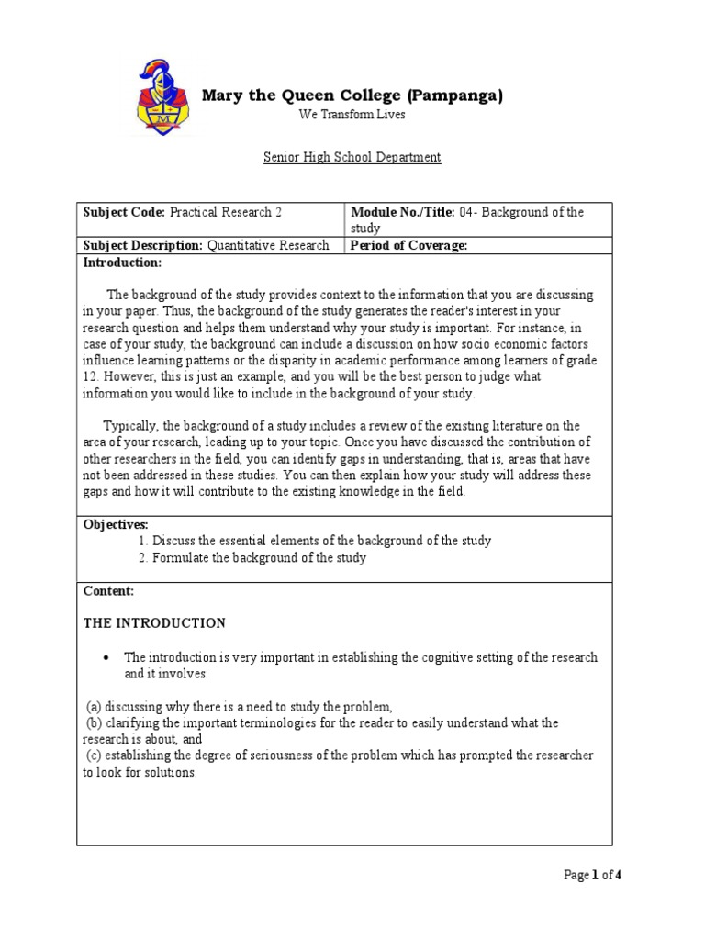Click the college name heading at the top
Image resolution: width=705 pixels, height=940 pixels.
[352, 95]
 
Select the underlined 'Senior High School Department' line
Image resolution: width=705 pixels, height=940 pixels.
[352, 157]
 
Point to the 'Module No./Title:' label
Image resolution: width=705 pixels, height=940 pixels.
[402, 212]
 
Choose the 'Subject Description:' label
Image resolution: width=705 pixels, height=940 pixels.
[142, 245]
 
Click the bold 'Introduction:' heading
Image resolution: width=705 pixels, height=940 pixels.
[122, 263]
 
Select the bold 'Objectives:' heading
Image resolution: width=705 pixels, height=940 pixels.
[116, 523]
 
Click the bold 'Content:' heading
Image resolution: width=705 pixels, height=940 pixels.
[108, 591]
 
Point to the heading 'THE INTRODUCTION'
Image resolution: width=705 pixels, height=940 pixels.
[154, 623]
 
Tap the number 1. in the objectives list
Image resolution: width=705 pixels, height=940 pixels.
[144, 541]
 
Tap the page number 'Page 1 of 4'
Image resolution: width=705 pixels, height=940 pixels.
[592, 875]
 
